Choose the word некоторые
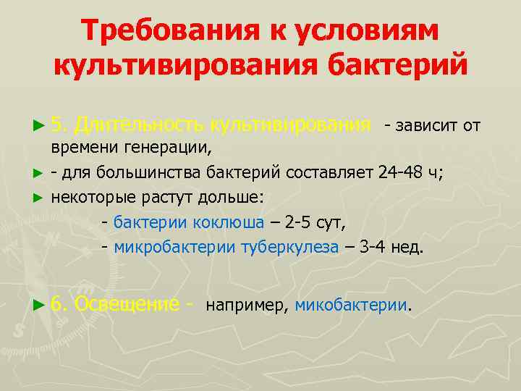point(91,198)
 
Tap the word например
point(247,306)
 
